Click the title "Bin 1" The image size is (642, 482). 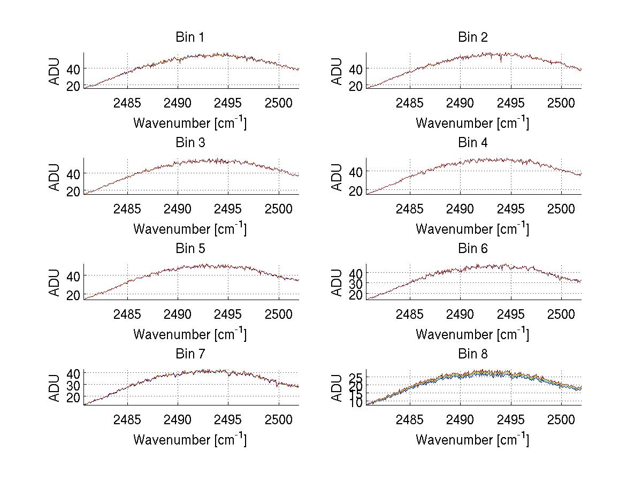[x=189, y=37]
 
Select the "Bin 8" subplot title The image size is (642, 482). [x=473, y=354]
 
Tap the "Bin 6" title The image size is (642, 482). [x=473, y=248]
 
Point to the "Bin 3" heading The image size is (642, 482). [x=189, y=143]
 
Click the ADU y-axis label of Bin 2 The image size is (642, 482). [x=337, y=71]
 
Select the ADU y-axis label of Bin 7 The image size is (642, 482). [x=55, y=388]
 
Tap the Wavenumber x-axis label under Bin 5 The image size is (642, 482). [x=189, y=334]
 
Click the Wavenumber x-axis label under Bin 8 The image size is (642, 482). [x=473, y=439]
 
